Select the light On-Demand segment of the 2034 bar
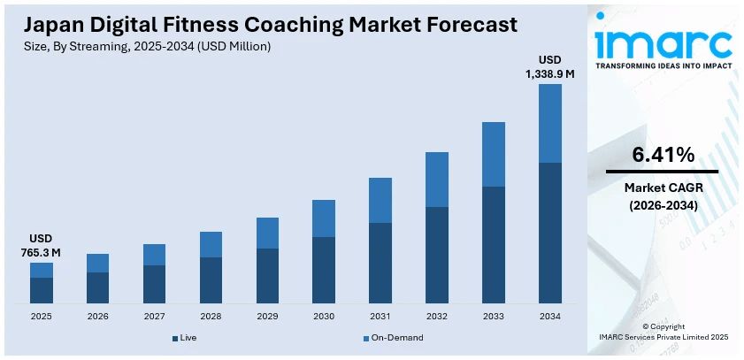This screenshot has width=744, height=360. (550, 123)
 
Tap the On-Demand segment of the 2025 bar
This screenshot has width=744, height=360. (42, 270)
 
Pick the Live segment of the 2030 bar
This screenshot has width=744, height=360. (324, 270)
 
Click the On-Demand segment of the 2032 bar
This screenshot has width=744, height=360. (437, 180)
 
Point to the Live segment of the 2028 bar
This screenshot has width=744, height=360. (211, 280)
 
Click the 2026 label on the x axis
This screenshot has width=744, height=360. (97, 316)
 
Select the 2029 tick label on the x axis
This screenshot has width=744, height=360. (267, 316)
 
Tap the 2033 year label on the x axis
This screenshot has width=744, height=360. (494, 316)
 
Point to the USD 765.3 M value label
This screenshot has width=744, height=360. (42, 246)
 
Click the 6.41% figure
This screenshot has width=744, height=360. (663, 156)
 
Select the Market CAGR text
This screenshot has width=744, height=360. (663, 188)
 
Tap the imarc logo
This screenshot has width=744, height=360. (663, 41)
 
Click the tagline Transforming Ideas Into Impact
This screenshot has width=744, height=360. (663, 66)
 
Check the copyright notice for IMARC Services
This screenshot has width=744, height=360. (663, 332)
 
